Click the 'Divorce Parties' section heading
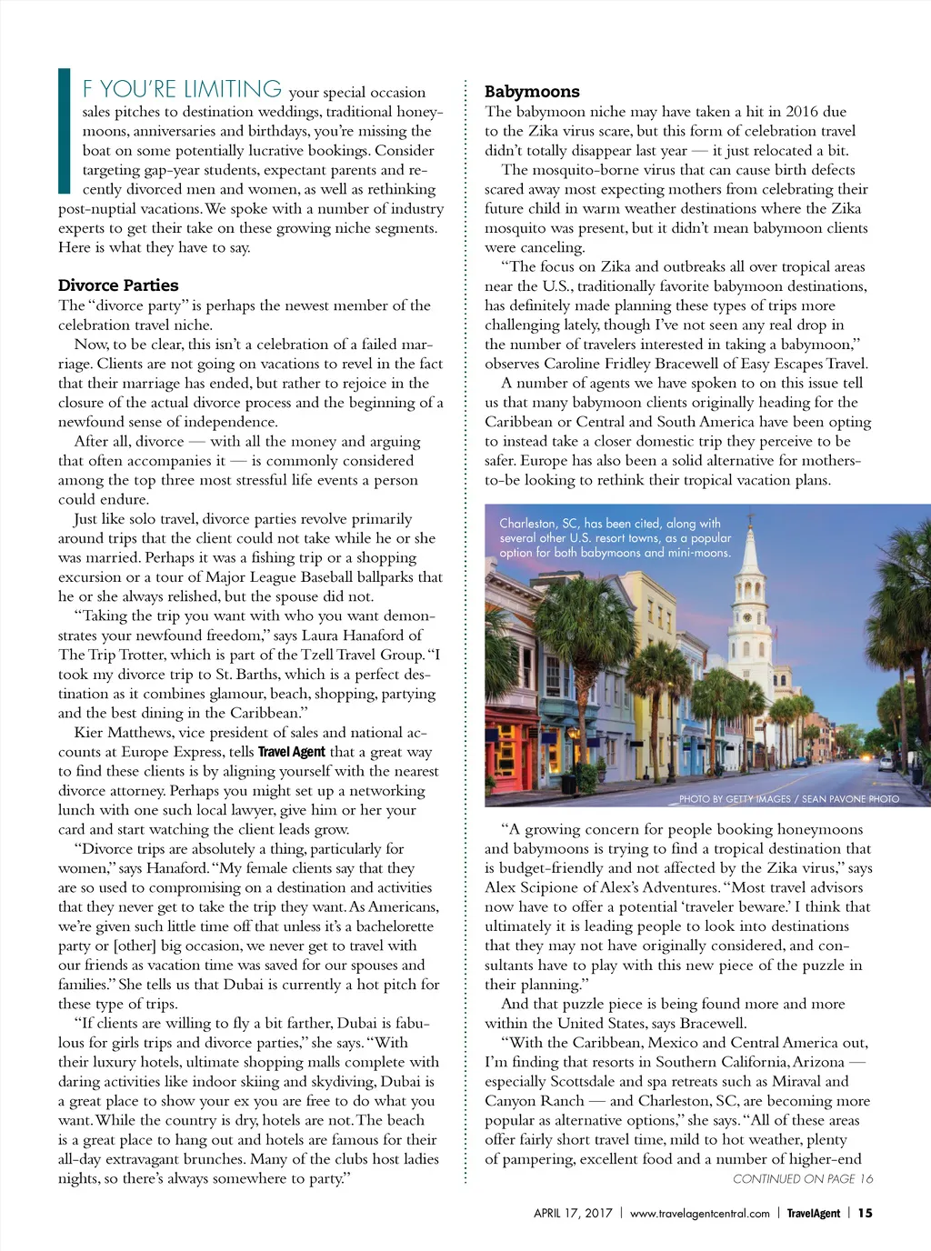pos(118,285)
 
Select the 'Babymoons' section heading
pos(532,92)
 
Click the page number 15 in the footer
pos(865,1213)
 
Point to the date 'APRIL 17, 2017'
pos(573,1213)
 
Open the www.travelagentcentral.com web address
pos(699,1213)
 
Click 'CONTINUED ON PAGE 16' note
pos(803,1178)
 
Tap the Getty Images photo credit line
pos(788,799)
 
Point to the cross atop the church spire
pos(751,521)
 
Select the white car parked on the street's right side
pos(886,764)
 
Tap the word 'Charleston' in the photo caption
pos(527,524)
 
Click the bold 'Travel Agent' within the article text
pos(291,752)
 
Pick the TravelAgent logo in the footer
pos(813,1213)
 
